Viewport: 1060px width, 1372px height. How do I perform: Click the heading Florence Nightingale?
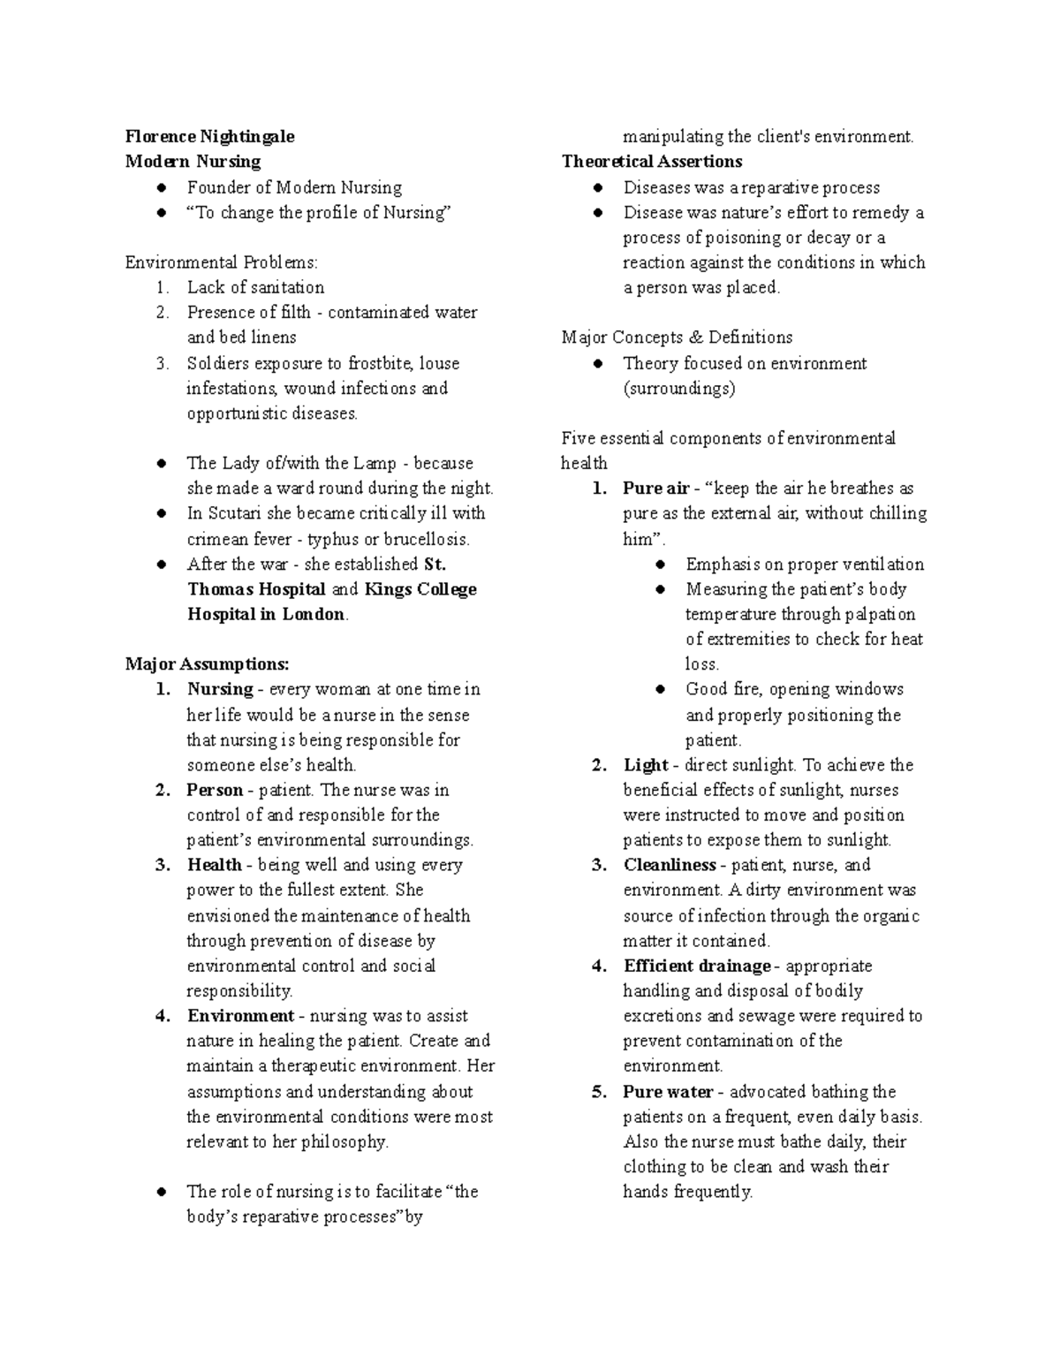pyautogui.click(x=209, y=136)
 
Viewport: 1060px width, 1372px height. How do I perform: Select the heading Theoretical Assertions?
pyautogui.click(x=652, y=162)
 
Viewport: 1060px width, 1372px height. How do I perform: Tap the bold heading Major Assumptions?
pyautogui.click(x=207, y=664)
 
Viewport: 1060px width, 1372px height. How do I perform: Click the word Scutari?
pyautogui.click(x=235, y=513)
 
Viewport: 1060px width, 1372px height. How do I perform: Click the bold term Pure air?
pyautogui.click(x=655, y=489)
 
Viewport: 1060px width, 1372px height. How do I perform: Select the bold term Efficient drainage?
pyautogui.click(x=697, y=966)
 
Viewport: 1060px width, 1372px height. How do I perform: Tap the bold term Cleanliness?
pyautogui.click(x=670, y=865)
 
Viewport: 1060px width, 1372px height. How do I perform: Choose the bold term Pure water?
pyautogui.click(x=668, y=1092)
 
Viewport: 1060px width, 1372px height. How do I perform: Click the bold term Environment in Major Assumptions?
pyautogui.click(x=240, y=1016)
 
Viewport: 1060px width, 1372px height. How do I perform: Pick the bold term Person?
pyautogui.click(x=215, y=790)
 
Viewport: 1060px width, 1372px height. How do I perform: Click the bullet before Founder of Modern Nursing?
pyautogui.click(x=162, y=187)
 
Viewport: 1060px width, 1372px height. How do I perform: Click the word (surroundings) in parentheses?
pyautogui.click(x=678, y=389)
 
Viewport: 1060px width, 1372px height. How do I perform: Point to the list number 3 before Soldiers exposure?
pyautogui.click(x=162, y=363)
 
